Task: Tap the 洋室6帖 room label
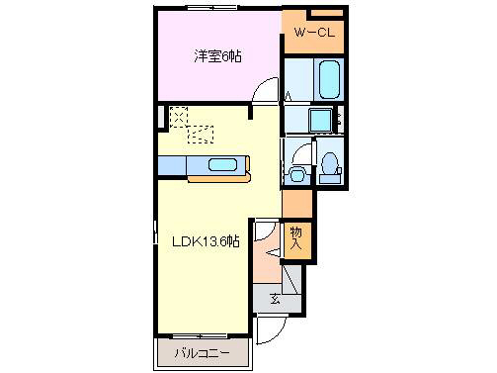coord(217,56)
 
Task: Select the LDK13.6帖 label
coord(207,240)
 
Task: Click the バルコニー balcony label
coord(202,352)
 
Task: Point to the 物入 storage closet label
coord(295,238)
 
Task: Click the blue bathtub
coord(327,76)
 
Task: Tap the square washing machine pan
coord(318,121)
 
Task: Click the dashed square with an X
coord(179,116)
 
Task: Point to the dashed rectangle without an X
coord(202,135)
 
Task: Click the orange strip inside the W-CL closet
coord(326,13)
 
